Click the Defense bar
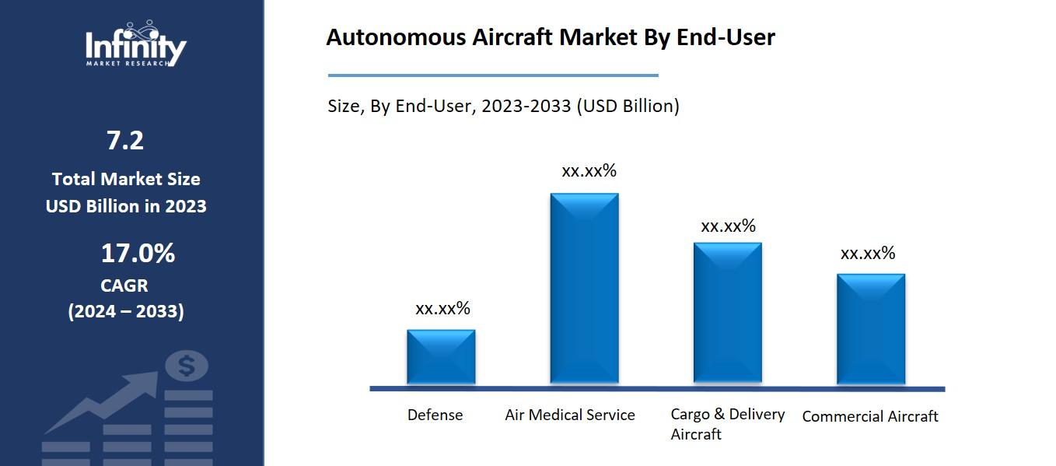441,356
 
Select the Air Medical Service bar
584,288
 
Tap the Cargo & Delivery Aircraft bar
727,313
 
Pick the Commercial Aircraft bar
870,328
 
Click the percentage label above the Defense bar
442,309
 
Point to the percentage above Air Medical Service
589,171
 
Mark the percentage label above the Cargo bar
728,226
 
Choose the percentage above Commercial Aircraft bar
868,254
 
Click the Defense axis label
435,415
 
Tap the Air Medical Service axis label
570,415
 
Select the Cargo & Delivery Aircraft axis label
728,424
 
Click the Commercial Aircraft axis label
870,417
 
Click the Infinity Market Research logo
135,45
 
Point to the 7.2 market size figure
125,141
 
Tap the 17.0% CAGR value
138,254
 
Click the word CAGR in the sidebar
124,286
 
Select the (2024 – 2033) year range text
126,312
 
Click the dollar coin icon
187,366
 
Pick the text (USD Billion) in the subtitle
628,107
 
